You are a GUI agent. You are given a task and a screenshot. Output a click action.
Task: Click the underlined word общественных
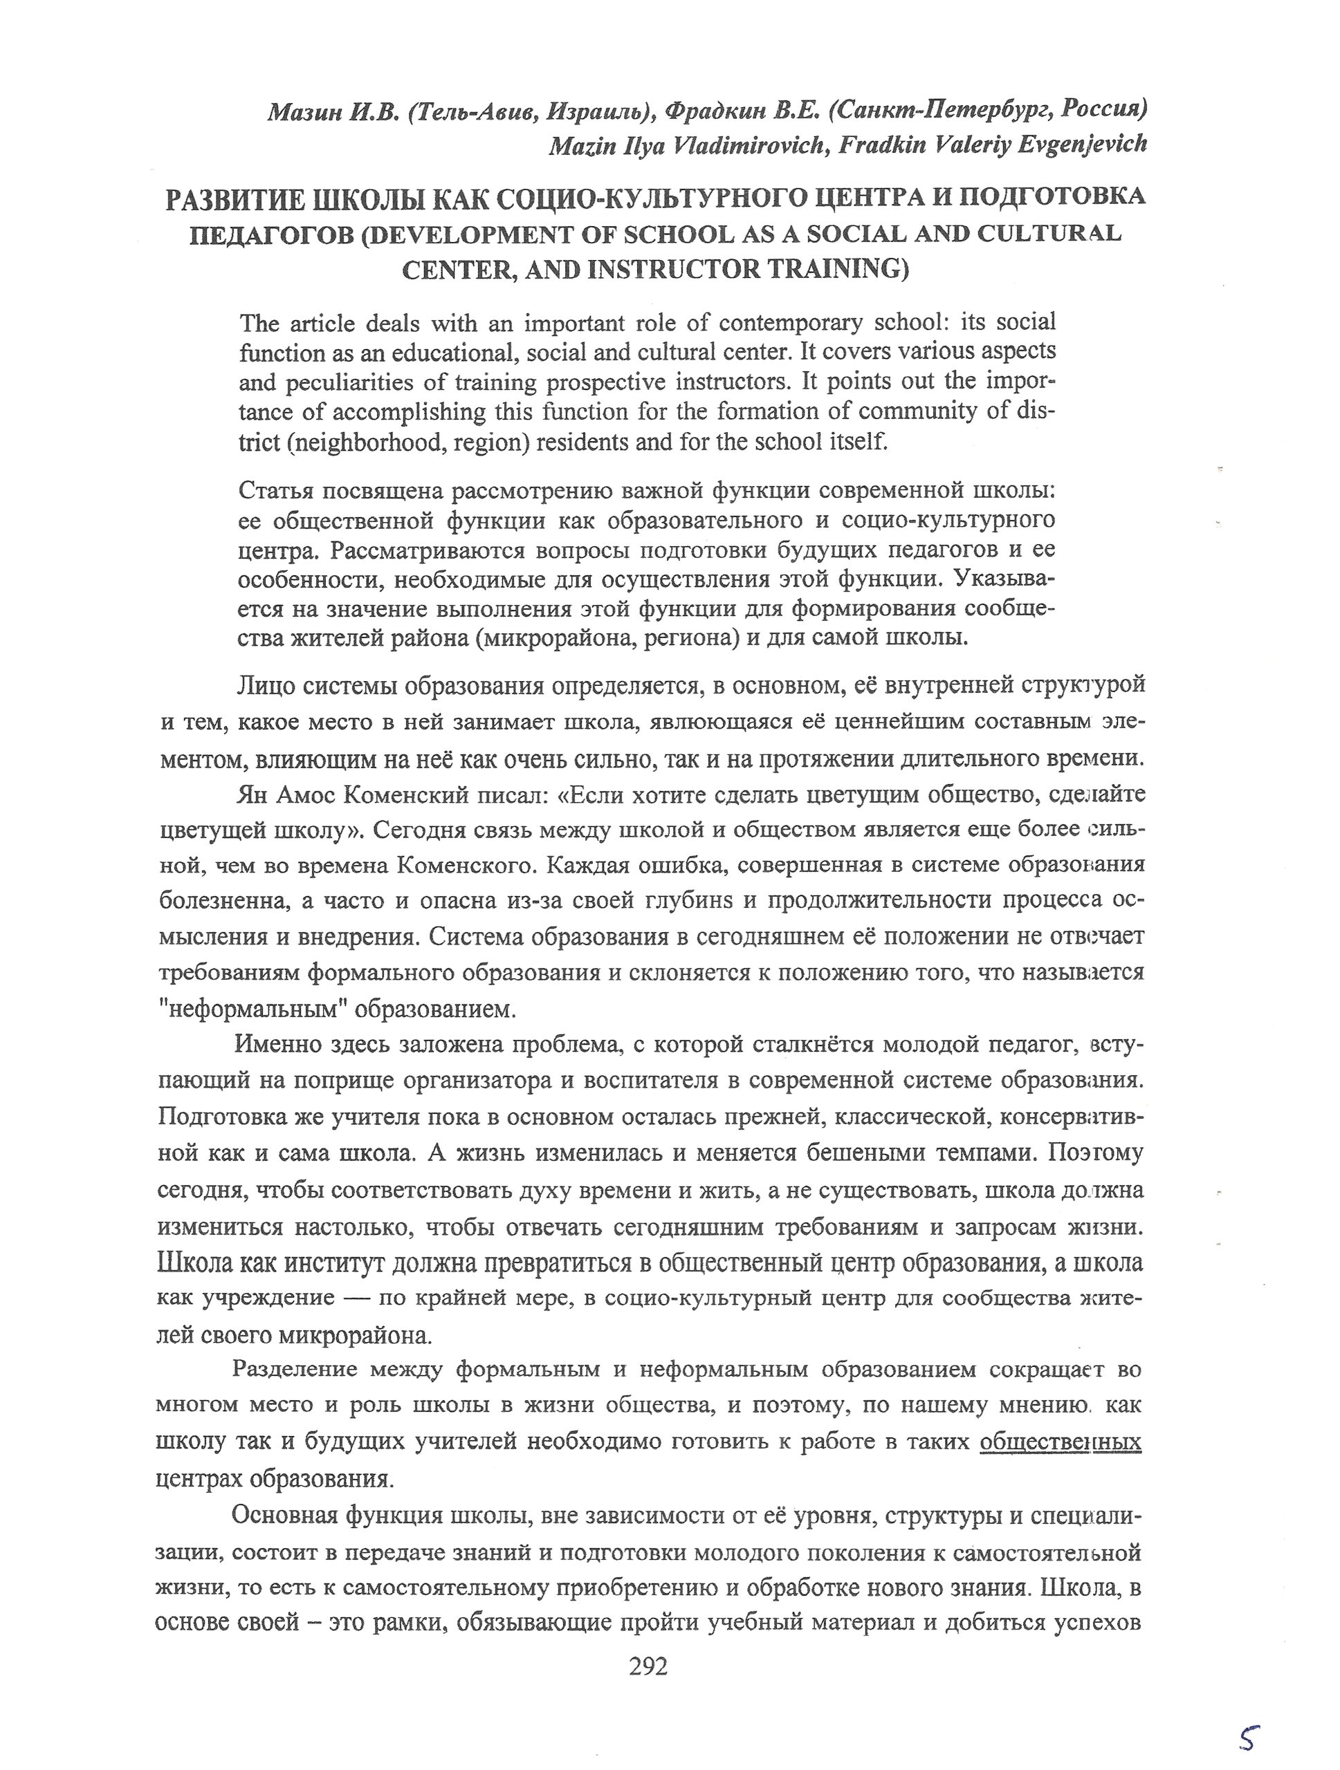(1060, 1442)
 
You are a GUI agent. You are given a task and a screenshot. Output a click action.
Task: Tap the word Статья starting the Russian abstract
(275, 490)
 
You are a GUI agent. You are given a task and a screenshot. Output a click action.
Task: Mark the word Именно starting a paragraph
(272, 1045)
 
